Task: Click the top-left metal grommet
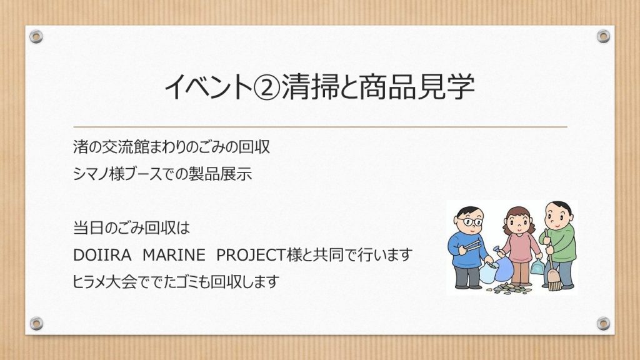click(36, 37)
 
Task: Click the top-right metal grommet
click(603, 36)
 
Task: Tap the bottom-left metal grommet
click(36, 323)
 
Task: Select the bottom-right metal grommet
click(603, 323)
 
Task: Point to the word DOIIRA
click(102, 255)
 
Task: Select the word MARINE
click(174, 255)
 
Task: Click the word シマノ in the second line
click(91, 174)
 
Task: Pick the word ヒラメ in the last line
click(90, 282)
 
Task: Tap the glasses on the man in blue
click(470, 222)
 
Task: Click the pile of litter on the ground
click(508, 289)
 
